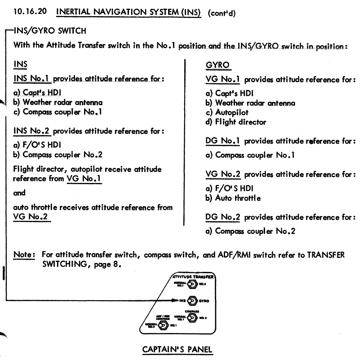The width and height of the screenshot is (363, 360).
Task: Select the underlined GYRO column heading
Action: (x=217, y=65)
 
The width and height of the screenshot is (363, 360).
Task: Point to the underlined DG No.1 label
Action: (x=222, y=141)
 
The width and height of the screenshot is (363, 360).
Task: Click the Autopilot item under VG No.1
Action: (x=231, y=112)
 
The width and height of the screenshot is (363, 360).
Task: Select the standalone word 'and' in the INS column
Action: (x=19, y=193)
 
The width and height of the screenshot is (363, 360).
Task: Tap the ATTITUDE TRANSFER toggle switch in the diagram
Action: (x=192, y=284)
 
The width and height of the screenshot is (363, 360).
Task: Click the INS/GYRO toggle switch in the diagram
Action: (x=192, y=300)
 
